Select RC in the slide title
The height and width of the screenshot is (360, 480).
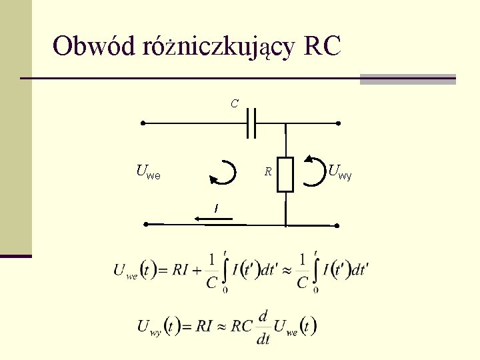click(321, 47)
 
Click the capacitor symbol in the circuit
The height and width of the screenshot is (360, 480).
click(251, 123)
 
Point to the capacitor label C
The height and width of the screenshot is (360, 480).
click(234, 104)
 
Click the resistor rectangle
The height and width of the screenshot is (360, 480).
click(285, 175)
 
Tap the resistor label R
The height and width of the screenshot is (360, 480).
click(267, 172)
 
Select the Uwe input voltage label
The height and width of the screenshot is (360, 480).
click(147, 173)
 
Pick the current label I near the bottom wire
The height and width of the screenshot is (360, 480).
click(215, 209)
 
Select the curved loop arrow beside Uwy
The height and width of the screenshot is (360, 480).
click(313, 171)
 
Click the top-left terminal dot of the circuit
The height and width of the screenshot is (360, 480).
click(142, 123)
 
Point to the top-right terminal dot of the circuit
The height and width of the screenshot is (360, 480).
click(338, 123)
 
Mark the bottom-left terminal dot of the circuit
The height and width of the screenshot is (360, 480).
click(146, 225)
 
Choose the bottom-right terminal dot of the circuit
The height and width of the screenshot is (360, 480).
click(337, 226)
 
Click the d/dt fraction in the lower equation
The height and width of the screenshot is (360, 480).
click(263, 327)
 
